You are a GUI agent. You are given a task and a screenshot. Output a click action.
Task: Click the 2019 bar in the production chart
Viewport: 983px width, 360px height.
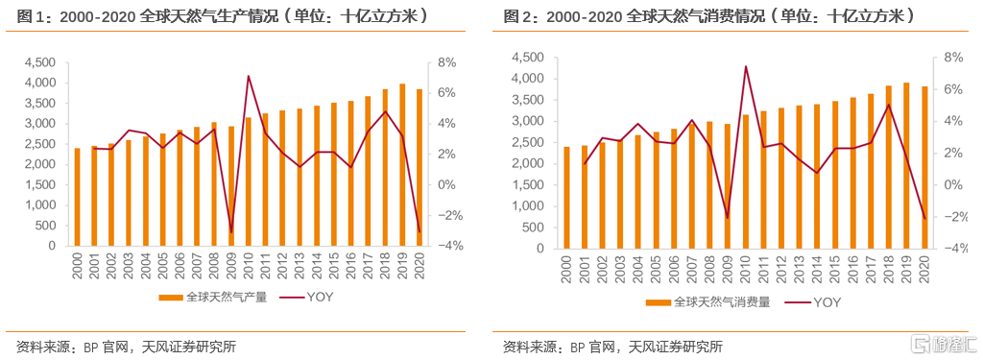coord(401,165)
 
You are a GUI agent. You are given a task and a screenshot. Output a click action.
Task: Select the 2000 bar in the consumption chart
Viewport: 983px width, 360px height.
coord(566,197)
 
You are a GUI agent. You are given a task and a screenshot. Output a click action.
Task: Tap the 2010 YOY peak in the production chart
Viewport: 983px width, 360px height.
coord(249,76)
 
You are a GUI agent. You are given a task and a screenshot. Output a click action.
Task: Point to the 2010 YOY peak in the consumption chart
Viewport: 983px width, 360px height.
coord(745,66)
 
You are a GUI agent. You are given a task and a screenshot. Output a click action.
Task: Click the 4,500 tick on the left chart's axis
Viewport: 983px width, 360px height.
coord(39,62)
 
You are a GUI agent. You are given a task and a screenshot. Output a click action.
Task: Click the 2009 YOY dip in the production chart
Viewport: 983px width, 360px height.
coord(231,232)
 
